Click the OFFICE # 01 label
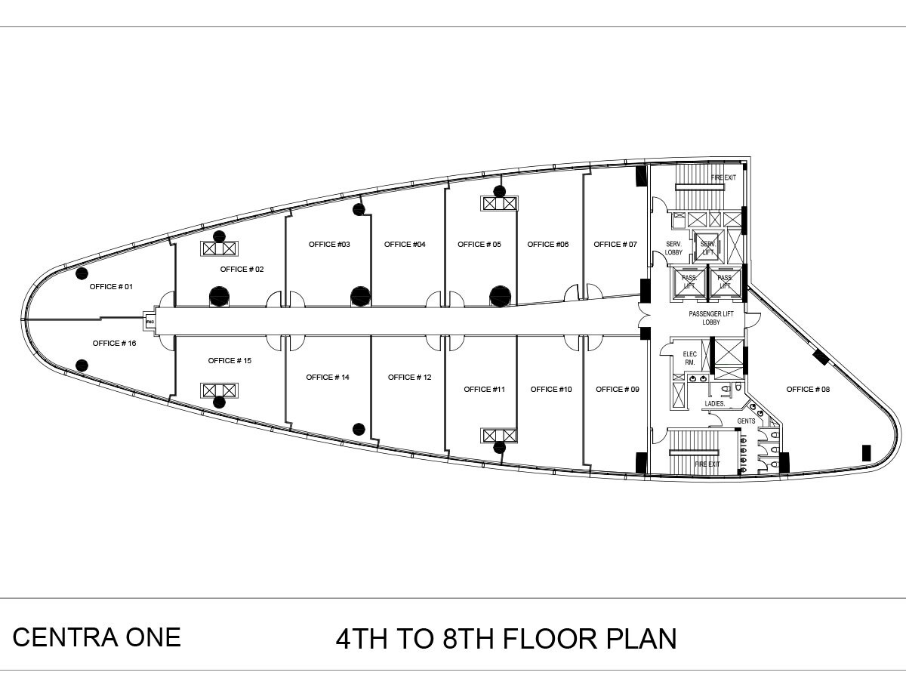(x=111, y=287)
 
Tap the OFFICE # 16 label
(x=114, y=344)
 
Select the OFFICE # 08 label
(x=808, y=390)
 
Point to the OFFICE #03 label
(x=329, y=245)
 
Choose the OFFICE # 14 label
(x=328, y=378)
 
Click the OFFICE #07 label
(x=615, y=245)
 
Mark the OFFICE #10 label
(x=551, y=390)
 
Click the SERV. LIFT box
(x=708, y=248)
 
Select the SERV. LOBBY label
(x=673, y=248)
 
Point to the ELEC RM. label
(x=689, y=358)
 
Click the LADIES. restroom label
(x=714, y=404)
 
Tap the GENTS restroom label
(x=746, y=421)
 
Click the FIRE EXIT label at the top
(x=723, y=178)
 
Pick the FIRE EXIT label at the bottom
(x=707, y=464)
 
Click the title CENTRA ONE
(x=97, y=637)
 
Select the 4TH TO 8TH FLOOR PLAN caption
(x=506, y=639)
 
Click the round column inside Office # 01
(x=82, y=273)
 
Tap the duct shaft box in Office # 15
(x=219, y=390)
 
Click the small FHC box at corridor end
(x=149, y=322)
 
